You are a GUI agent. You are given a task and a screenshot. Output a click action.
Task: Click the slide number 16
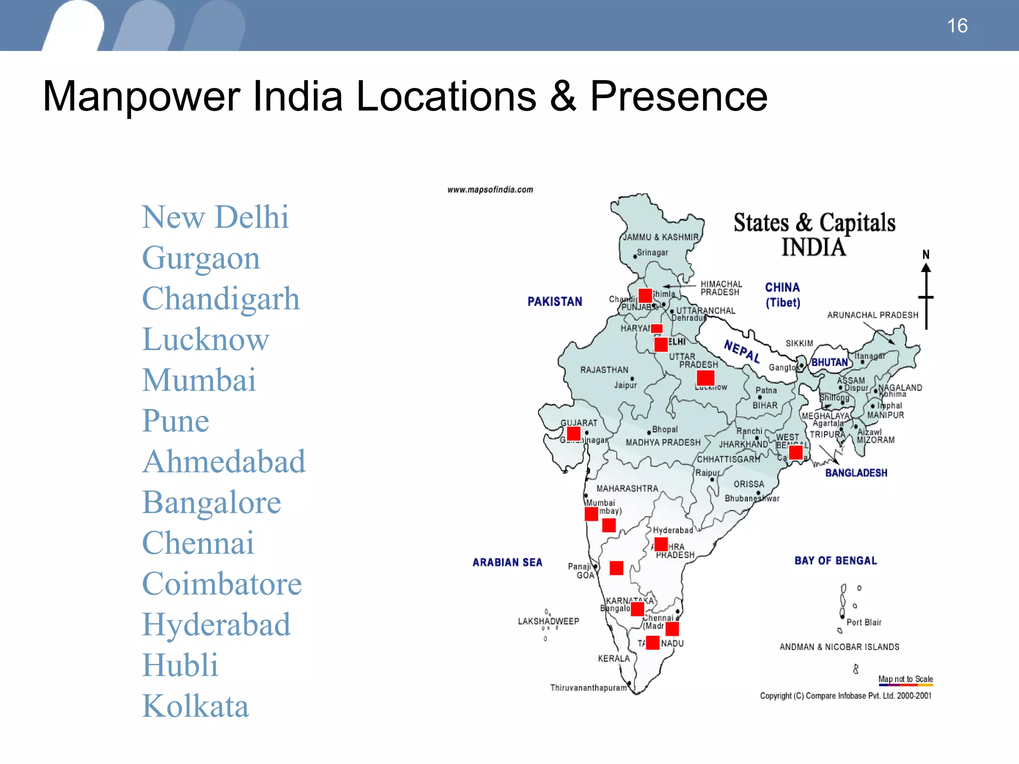(957, 26)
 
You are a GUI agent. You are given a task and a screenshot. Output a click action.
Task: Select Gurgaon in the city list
(201, 258)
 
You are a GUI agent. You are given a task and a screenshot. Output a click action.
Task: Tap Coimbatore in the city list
(222, 583)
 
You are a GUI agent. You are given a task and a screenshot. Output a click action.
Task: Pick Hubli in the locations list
(180, 665)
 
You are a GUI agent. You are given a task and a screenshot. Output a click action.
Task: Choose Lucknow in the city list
(205, 340)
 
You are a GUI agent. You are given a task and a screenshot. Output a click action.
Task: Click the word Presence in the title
(679, 96)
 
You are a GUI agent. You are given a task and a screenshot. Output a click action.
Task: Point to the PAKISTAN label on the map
(555, 301)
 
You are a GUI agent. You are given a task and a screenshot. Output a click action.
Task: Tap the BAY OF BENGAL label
(836, 561)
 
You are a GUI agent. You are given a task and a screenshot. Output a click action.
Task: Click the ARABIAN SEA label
(508, 563)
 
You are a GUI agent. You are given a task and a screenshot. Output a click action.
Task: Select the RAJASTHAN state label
(604, 370)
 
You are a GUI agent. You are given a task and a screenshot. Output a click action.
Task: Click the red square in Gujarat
(574, 433)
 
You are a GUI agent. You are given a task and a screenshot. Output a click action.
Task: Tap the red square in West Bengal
(796, 452)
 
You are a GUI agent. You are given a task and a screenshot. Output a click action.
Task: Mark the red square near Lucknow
(706, 378)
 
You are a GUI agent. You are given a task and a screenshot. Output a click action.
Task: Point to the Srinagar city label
(652, 253)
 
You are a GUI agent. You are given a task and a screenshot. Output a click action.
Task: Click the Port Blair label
(864, 622)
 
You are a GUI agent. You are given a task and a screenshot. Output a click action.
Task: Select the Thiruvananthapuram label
(589, 688)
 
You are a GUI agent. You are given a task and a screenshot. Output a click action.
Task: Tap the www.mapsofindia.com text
(490, 190)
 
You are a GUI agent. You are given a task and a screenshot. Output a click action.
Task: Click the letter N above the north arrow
(926, 255)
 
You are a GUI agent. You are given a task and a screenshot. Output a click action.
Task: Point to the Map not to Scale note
(906, 679)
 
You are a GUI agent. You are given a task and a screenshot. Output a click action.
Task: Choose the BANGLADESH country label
(856, 473)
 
